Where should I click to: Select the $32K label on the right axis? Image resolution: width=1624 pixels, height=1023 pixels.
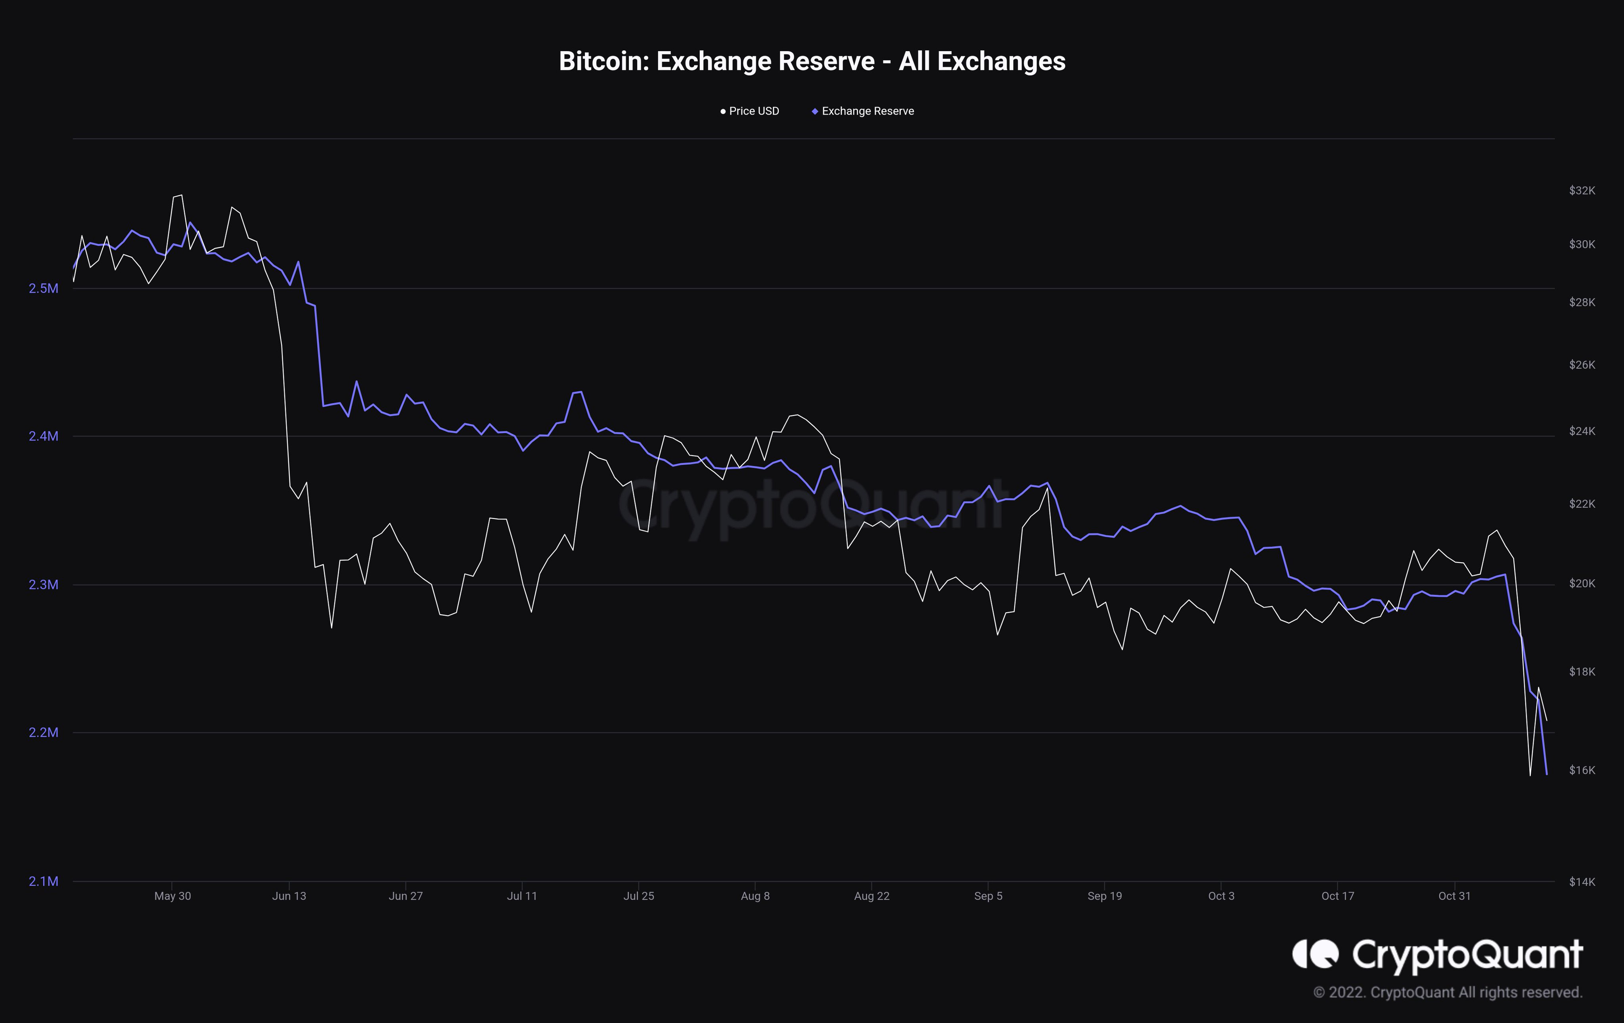coord(1582,191)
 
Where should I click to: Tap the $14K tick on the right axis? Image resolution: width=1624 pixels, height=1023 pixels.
coord(1582,881)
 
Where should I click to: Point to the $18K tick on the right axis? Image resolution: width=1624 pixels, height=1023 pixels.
coord(1582,672)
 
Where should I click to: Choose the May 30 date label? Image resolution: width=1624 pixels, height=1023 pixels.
coord(172,896)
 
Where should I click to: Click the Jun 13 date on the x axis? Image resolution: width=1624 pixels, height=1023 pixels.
coord(289,896)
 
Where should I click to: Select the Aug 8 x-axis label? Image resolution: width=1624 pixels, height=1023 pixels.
coord(755,896)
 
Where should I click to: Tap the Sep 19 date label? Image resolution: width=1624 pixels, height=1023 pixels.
coord(1105,896)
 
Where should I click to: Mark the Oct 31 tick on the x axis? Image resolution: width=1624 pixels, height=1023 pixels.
coord(1455,896)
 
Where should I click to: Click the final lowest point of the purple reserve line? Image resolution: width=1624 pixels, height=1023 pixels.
coord(1546,774)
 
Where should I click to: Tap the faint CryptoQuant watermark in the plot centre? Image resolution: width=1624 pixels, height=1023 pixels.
coord(812,506)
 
